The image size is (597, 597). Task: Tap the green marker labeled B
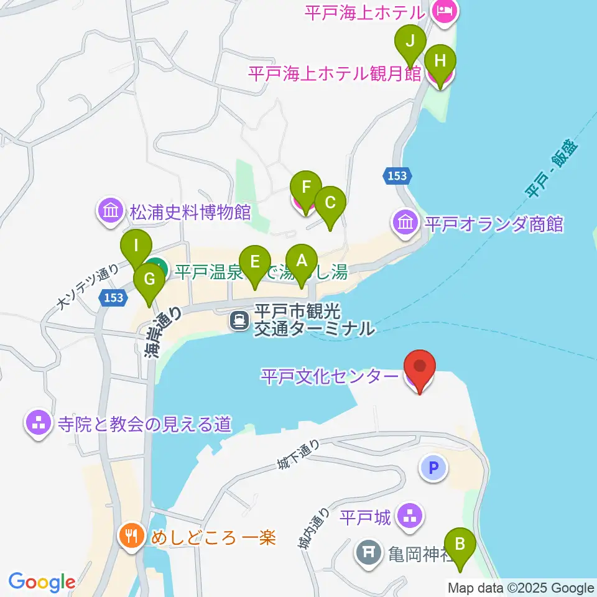pos(460,544)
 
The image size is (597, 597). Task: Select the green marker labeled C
pos(330,203)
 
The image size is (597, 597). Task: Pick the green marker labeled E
pos(254,262)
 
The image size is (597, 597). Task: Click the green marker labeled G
pos(149,279)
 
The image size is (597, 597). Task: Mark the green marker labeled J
pos(410,41)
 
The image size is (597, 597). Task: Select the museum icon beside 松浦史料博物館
pos(111,212)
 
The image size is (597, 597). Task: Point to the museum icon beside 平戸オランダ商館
pos(405,222)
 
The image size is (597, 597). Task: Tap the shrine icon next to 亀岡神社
pos(369,552)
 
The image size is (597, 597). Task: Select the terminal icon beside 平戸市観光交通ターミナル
pos(239,320)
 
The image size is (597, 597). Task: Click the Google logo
pos(42,582)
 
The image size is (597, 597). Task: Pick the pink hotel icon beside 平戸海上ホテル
pos(445,11)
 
